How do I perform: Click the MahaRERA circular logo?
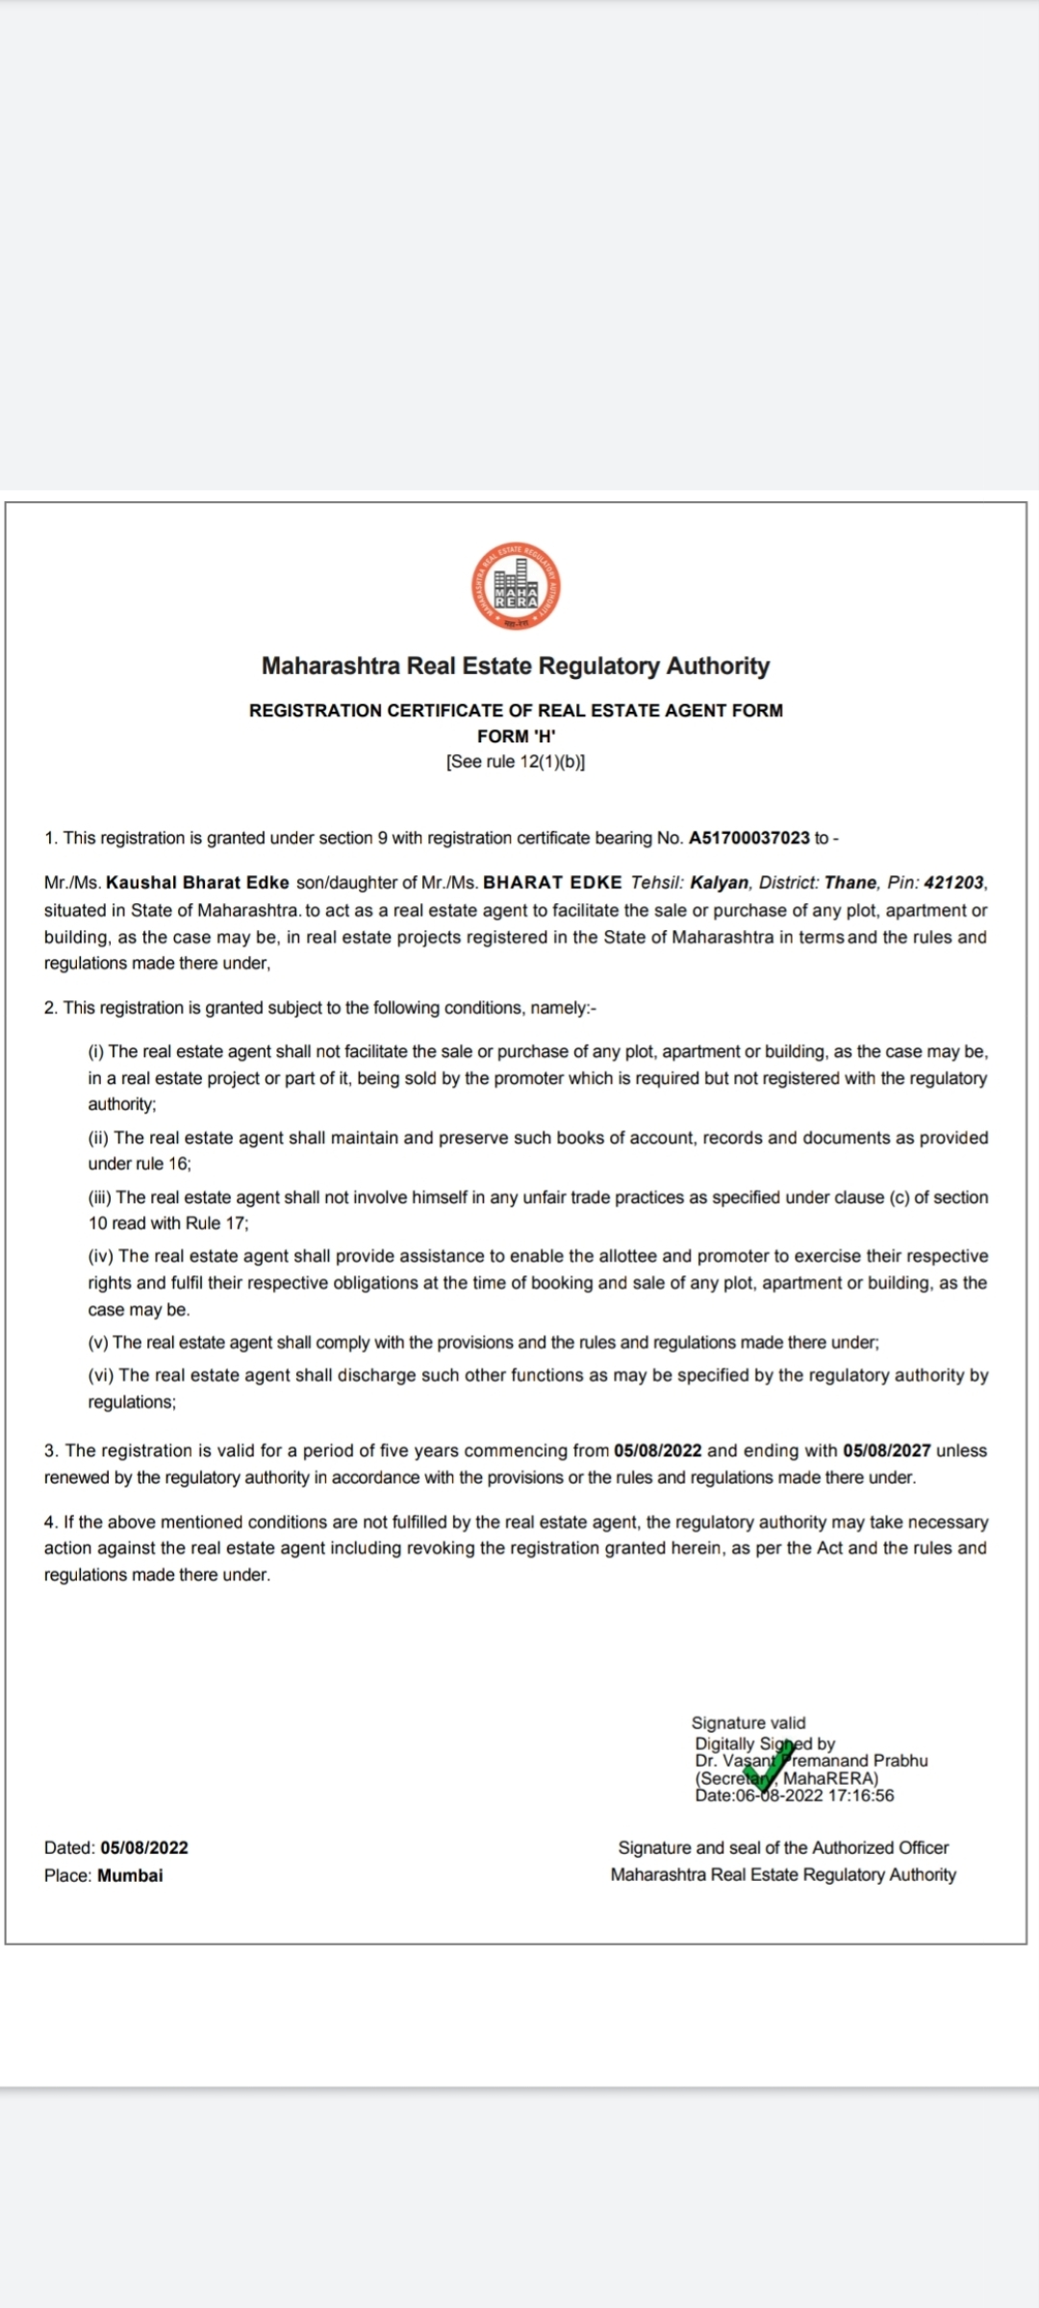517,587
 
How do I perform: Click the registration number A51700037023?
749,838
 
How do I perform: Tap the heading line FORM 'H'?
517,736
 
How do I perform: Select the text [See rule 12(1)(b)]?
517,762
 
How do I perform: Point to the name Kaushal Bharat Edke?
197,883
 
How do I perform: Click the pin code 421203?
954,883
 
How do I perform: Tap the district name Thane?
850,883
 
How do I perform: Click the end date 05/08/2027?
886,1450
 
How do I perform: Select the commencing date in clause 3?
657,1450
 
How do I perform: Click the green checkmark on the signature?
773,1767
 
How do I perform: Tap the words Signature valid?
748,1722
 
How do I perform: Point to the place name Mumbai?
130,1875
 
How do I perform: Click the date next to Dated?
144,1847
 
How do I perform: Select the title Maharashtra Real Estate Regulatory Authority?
517,665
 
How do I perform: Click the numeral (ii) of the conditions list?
98,1138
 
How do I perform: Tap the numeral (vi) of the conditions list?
101,1375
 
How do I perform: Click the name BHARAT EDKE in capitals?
553,883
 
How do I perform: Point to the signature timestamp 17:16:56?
861,1795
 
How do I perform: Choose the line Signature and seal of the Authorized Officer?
783,1847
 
